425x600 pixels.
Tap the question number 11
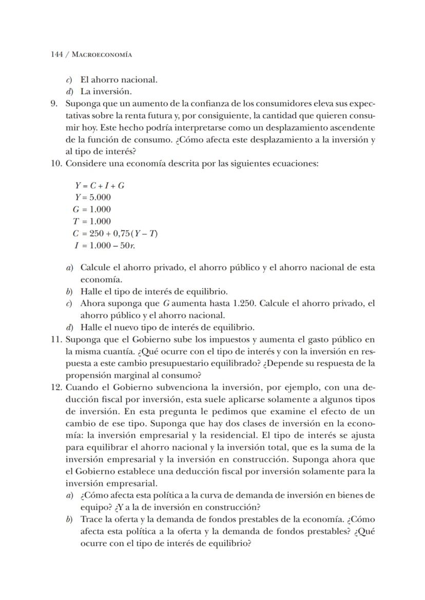click(56, 340)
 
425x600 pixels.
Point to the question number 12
click(56, 387)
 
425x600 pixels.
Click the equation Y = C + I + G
click(100, 185)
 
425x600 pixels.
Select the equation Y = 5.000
click(93, 197)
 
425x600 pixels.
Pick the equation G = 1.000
click(92, 209)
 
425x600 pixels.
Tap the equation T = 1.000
click(92, 221)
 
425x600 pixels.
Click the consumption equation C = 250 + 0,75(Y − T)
click(115, 233)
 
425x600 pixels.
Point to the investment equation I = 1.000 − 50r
click(105, 245)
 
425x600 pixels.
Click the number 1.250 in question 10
click(243, 304)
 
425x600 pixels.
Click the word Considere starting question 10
click(86, 163)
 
